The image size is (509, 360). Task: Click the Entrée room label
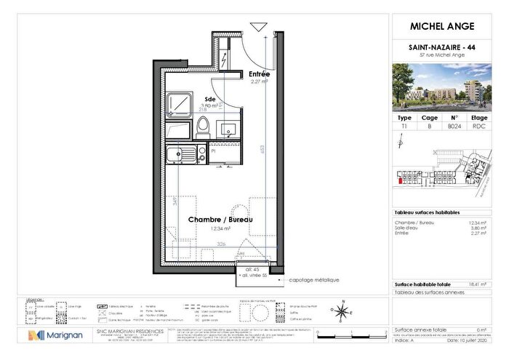coord(259,75)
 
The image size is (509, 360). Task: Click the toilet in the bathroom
coord(204,126)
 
